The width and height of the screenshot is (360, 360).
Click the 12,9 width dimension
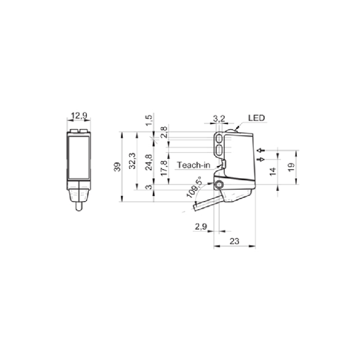(80, 115)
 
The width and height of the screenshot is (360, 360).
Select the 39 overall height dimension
(118, 167)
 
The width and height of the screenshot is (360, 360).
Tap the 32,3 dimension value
(132, 161)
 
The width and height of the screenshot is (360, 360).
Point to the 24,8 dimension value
(148, 162)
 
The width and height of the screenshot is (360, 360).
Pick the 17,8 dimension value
(165, 168)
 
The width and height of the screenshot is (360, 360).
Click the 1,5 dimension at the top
(149, 120)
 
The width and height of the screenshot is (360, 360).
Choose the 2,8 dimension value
(164, 132)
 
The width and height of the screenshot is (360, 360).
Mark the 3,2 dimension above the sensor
(219, 119)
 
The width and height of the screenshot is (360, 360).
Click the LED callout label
(257, 118)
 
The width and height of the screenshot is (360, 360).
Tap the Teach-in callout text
(193, 165)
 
